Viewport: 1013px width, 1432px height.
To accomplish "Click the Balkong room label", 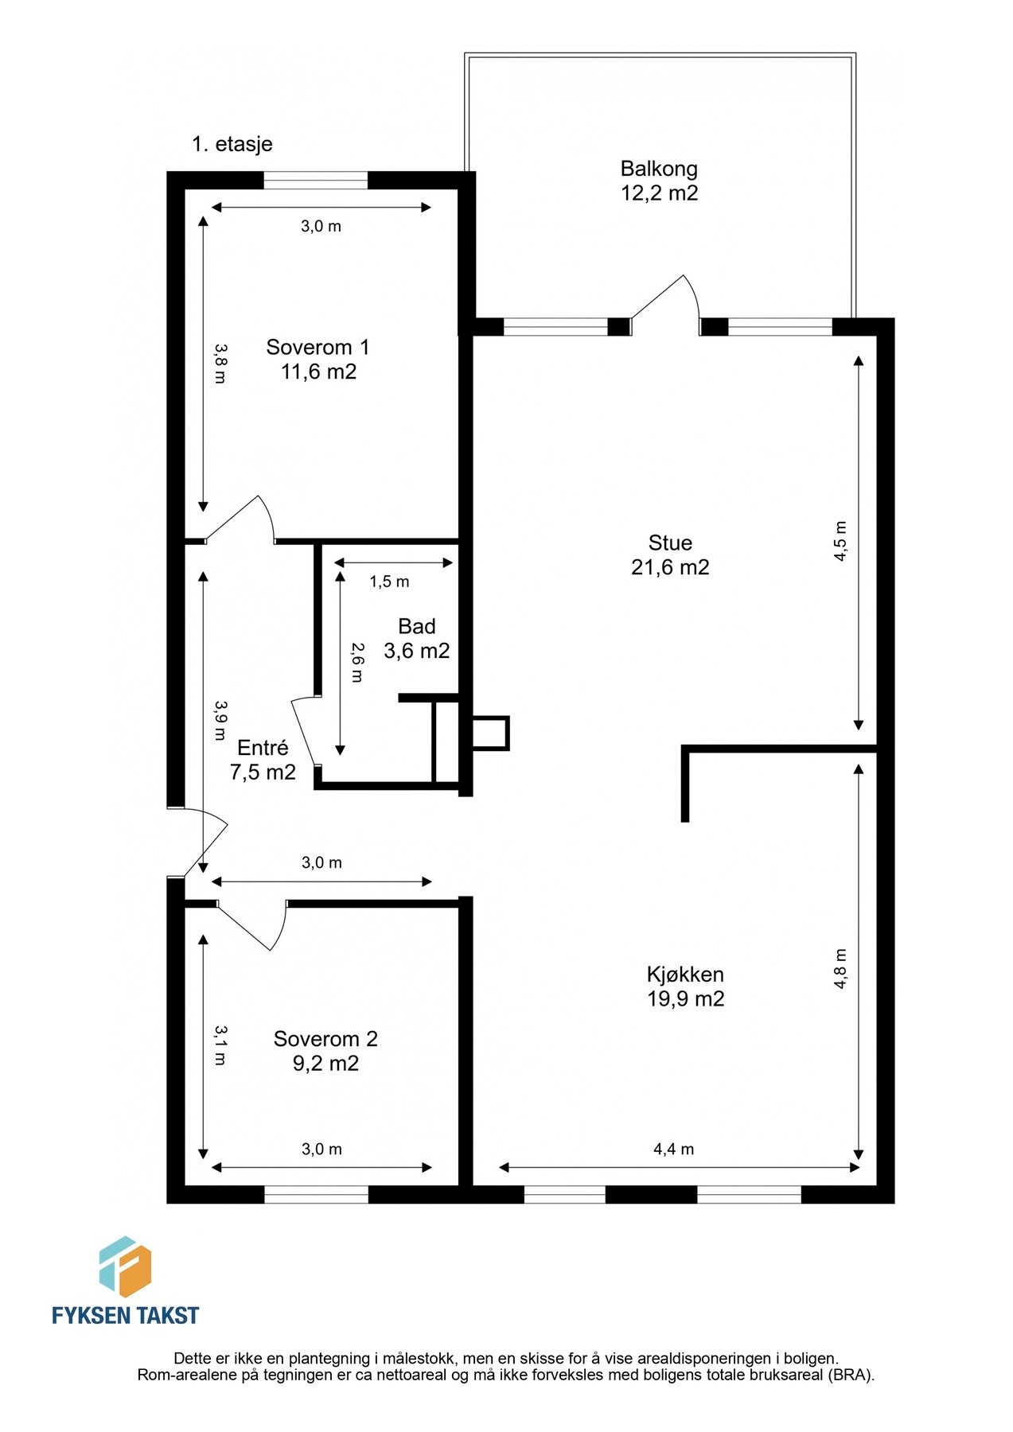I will click(659, 169).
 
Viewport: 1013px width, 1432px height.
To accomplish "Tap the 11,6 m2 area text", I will click(318, 372).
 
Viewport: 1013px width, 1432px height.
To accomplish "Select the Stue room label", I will click(670, 543).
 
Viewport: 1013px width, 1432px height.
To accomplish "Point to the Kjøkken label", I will click(685, 975).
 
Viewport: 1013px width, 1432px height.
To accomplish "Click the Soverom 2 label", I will click(325, 1039).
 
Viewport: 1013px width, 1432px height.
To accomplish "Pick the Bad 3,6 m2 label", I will click(416, 639).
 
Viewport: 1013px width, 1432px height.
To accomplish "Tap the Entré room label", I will click(263, 748).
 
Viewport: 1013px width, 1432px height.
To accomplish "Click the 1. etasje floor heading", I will click(232, 144).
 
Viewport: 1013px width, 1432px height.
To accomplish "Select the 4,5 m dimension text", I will click(840, 542).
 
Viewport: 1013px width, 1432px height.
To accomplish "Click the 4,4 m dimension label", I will click(673, 1149).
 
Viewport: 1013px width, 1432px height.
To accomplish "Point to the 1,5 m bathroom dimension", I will click(389, 582).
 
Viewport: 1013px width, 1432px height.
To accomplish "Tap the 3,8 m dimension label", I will click(220, 364).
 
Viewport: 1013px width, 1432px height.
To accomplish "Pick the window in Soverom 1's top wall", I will click(316, 181).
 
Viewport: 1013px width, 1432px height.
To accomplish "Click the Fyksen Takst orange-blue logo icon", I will click(125, 1267).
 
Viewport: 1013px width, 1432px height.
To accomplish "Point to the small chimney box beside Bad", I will click(490, 734).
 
